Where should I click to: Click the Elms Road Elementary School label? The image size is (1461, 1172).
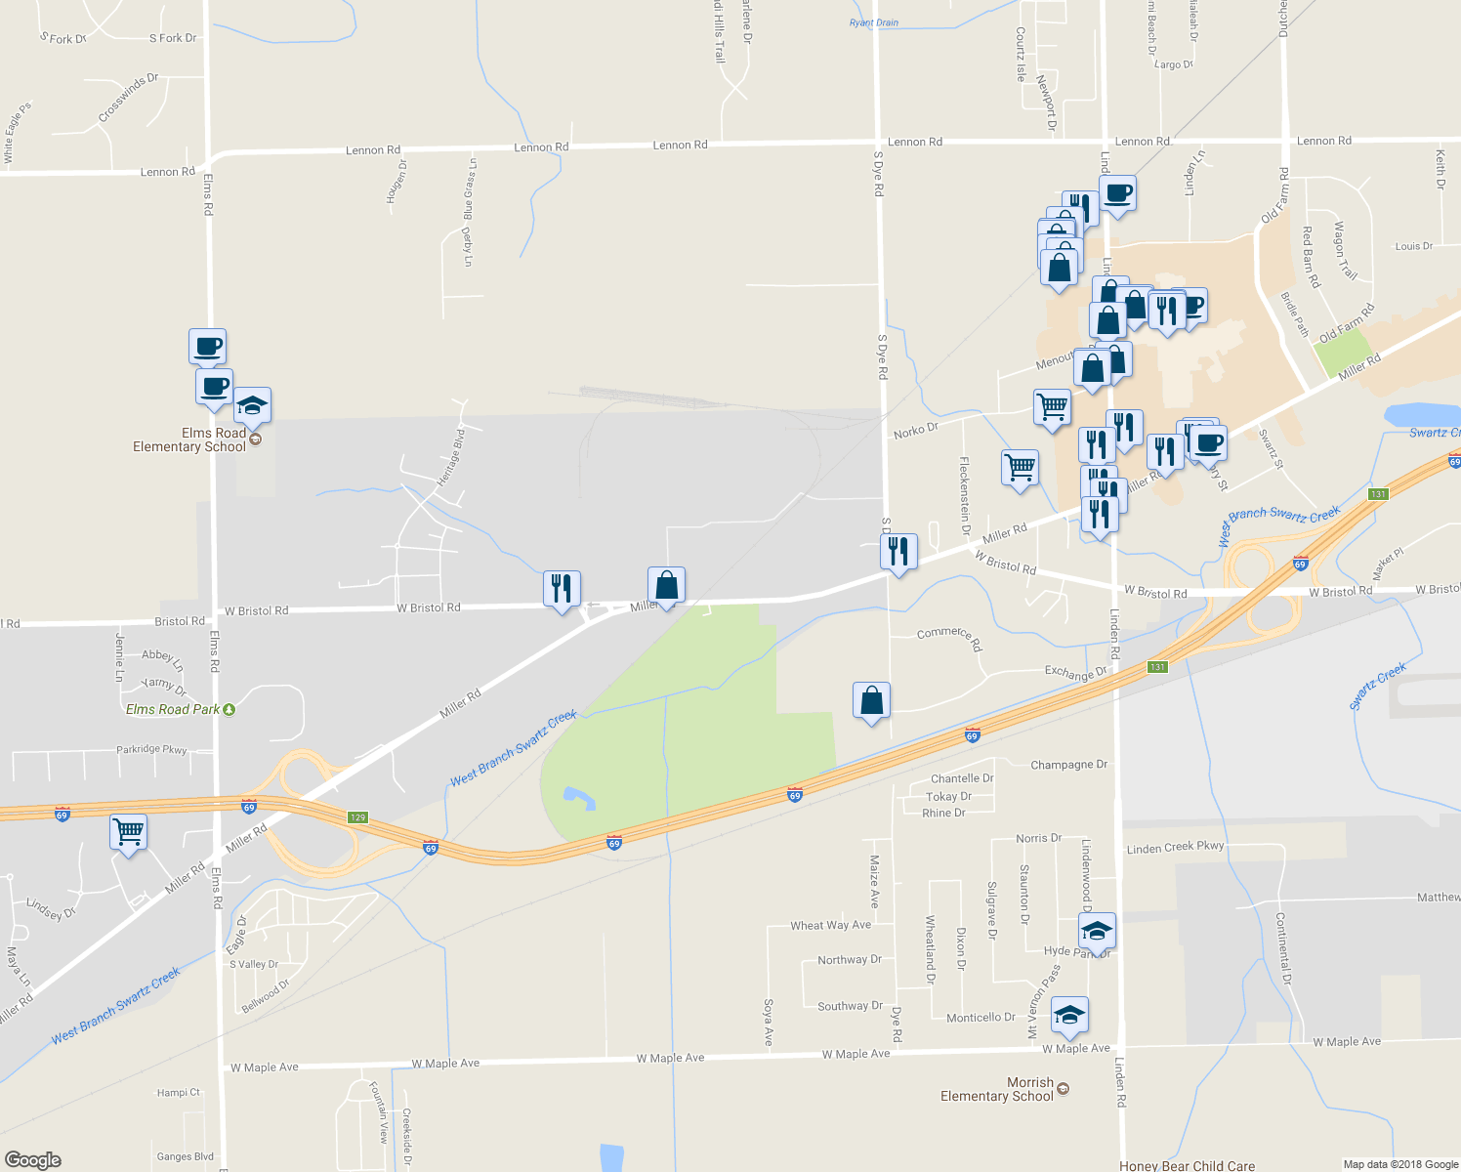[189, 439]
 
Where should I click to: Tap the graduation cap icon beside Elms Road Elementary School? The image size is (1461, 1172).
[252, 405]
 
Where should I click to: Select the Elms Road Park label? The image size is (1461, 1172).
[174, 709]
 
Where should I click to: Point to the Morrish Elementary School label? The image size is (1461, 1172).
[997, 1089]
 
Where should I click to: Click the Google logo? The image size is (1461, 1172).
[32, 1159]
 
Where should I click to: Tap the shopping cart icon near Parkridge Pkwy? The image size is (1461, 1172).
[129, 832]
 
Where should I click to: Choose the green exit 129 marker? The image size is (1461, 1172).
[357, 817]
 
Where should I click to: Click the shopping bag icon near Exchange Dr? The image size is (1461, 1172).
[871, 700]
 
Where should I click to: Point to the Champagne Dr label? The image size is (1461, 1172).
[1068, 765]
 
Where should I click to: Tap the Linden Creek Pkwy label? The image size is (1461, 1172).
[1175, 848]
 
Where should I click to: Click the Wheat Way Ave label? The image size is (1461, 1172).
[830, 925]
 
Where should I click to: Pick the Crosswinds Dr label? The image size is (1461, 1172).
[128, 98]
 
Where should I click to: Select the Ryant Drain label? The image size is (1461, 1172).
[874, 22]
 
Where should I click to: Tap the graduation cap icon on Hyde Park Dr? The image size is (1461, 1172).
[1097, 932]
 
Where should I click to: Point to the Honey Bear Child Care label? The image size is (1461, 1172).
[1187, 1165]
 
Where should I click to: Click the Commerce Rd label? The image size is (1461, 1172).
[948, 637]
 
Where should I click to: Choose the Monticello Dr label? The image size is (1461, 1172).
[981, 1017]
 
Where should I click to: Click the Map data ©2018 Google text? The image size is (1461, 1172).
[1400, 1164]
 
